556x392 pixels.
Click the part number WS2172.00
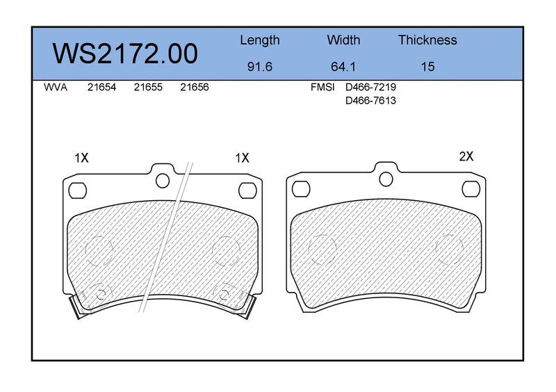point(125,54)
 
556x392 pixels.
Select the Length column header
point(260,40)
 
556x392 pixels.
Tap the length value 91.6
point(259,67)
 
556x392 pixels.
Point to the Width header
point(343,40)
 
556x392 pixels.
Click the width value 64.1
point(343,67)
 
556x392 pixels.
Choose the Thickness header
point(427,40)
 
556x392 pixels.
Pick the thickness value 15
point(427,67)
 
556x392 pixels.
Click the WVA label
point(56,88)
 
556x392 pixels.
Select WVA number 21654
point(101,88)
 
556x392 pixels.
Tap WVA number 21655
point(148,88)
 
